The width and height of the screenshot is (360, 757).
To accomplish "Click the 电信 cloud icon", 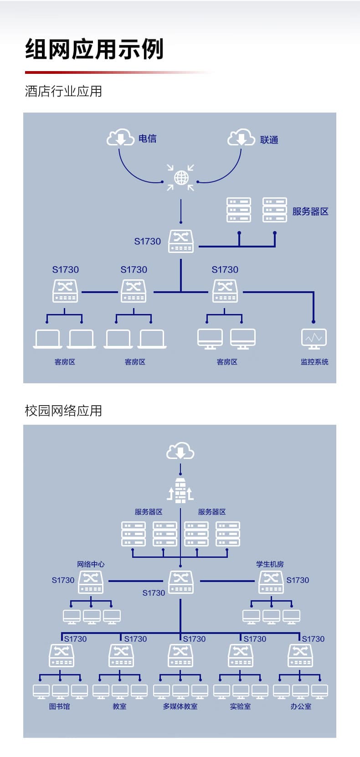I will (120, 138).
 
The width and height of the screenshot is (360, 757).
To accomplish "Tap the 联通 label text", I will (269, 140).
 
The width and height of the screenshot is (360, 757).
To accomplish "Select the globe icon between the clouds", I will (181, 177).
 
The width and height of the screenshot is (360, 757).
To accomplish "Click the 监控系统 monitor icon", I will (314, 339).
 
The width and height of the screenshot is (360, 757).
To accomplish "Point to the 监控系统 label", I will (314, 362).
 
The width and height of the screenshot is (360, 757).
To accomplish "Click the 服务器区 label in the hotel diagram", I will (310, 211).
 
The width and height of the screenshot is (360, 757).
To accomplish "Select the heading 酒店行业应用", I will (63, 91).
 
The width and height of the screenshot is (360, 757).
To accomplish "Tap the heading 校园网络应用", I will (63, 411).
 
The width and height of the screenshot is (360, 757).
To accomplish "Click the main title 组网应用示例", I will (94, 49).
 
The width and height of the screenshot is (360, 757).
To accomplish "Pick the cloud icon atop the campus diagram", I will (180, 451).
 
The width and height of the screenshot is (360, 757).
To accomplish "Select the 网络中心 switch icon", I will (91, 582).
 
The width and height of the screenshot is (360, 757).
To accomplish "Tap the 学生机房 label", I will (270, 564).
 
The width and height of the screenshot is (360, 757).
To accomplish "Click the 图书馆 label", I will (60, 706).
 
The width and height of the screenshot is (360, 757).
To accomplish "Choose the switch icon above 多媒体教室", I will (180, 655).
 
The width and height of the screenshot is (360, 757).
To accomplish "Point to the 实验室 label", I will (240, 706).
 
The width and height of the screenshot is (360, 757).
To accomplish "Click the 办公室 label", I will (301, 706).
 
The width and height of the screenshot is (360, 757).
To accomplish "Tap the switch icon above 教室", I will (121, 655).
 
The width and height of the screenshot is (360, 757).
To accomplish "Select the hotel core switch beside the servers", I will (181, 241).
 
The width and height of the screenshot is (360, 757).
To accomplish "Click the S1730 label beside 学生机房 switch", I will (298, 580).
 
